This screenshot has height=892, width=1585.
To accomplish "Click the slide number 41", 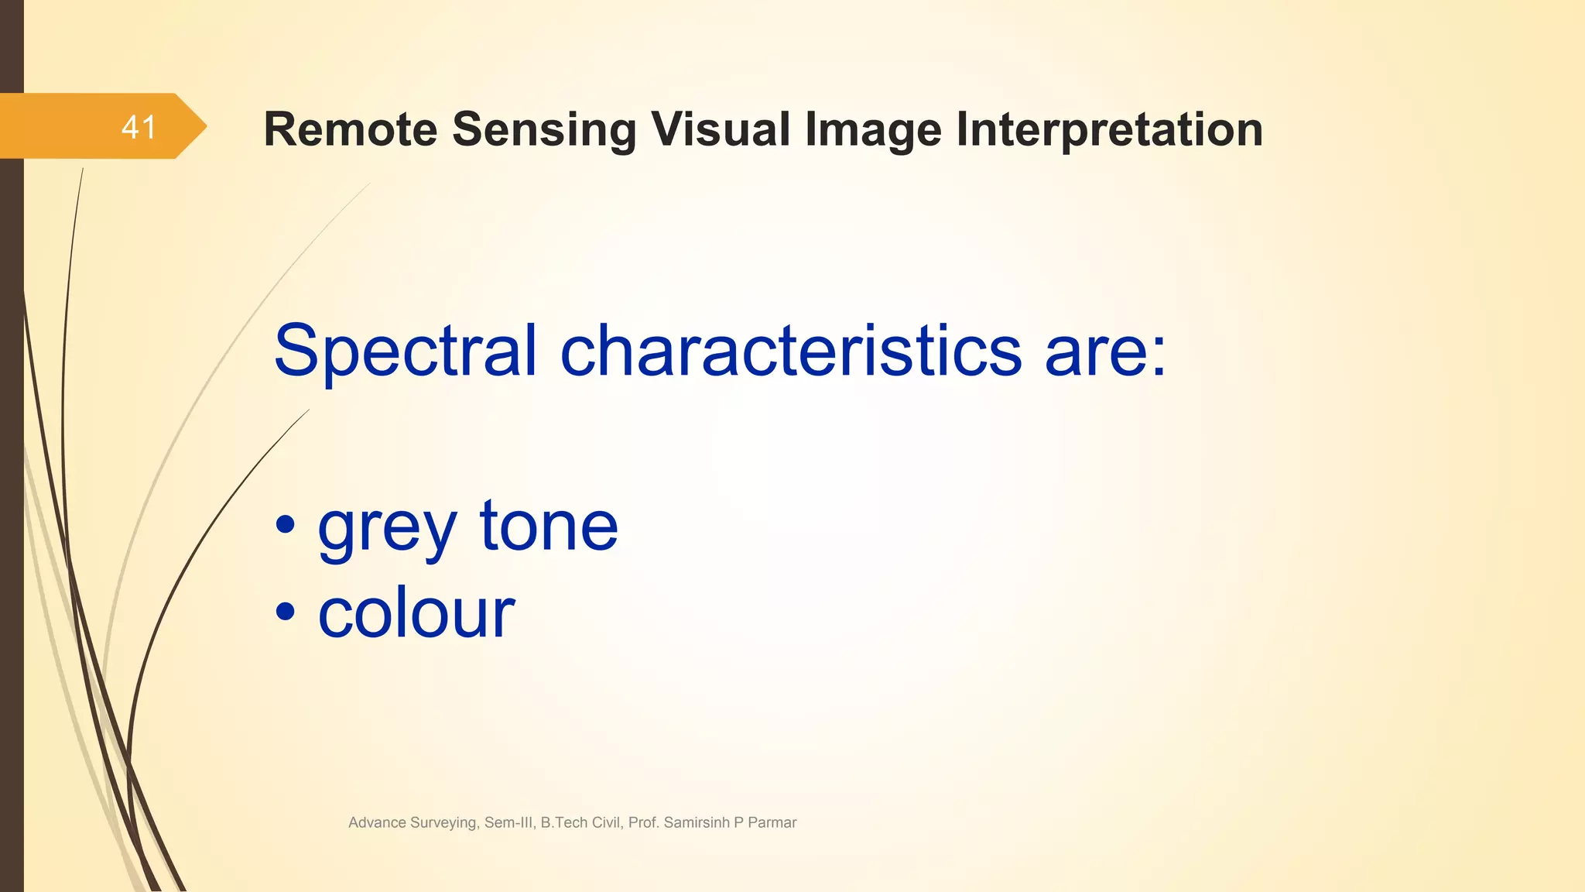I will coord(139,127).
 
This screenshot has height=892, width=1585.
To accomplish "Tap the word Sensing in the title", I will coord(544,130).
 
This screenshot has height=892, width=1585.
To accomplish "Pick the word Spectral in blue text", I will coord(405,352).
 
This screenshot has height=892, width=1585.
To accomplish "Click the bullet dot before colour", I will coord(286,612).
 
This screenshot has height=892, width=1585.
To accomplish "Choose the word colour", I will coord(416,613).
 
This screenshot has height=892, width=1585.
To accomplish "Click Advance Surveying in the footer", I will coord(413,823).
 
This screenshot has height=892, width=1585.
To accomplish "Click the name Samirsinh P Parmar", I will coord(730,823).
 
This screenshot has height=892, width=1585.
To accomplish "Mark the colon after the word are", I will coord(1159,358).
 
